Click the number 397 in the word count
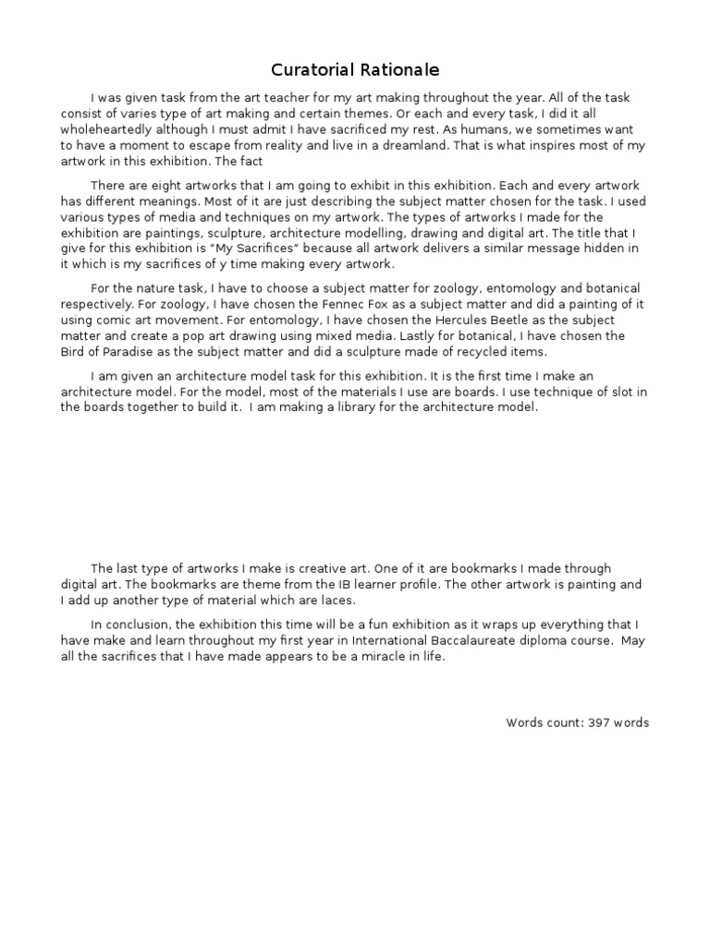[596, 722]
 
